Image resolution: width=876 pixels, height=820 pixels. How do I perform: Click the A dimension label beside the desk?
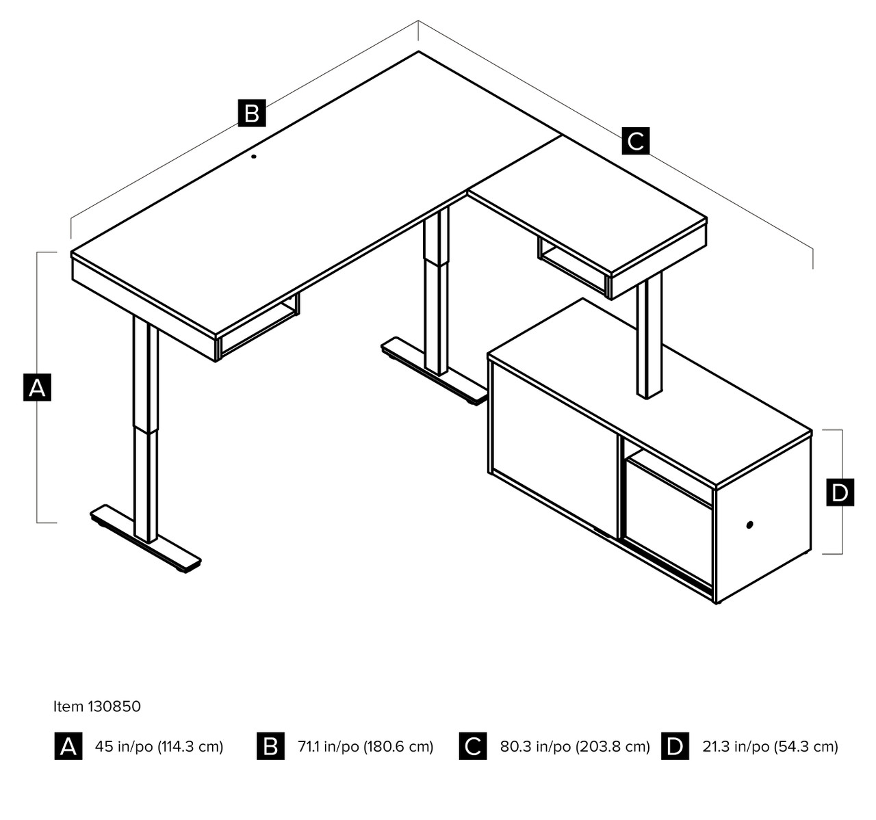tap(37, 387)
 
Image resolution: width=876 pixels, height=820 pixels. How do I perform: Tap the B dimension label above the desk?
tap(251, 113)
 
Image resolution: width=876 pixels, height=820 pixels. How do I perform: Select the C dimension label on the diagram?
tap(635, 141)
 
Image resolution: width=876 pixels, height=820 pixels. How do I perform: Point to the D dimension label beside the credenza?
tap(840, 492)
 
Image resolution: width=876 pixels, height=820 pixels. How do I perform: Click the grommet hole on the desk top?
tap(254, 157)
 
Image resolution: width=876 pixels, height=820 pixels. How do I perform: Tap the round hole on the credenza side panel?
tap(749, 525)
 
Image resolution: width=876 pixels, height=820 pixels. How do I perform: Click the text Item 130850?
tap(97, 706)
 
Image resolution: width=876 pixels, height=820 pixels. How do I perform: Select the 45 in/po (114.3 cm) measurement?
tap(159, 746)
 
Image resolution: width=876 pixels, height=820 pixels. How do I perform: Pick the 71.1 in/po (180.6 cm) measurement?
tap(365, 746)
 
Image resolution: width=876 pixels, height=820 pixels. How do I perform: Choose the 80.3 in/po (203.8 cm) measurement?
tap(575, 746)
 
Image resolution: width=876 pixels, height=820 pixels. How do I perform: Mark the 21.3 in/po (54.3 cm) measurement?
tap(770, 746)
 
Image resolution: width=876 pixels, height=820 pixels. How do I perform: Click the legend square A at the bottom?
tap(68, 746)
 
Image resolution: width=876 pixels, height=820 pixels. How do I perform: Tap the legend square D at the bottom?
tap(675, 746)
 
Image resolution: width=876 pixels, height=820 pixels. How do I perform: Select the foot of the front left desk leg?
tap(146, 538)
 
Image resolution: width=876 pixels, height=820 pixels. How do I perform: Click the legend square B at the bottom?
tap(270, 746)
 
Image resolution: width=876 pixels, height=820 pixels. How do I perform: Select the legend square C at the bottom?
tap(473, 746)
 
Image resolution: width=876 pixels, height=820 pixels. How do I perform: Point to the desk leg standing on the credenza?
tap(649, 335)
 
